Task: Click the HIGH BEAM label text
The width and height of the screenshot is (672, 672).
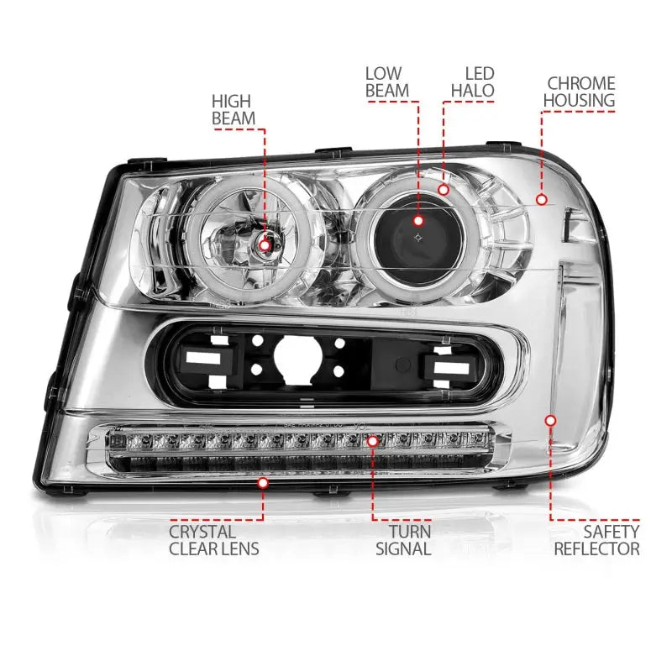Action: pyautogui.click(x=234, y=109)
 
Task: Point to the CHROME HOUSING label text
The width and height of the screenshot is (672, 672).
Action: pyautogui.click(x=580, y=92)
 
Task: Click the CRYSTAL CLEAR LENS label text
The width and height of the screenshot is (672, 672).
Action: pyautogui.click(x=213, y=540)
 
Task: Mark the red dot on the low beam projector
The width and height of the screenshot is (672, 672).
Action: pyautogui.click(x=417, y=221)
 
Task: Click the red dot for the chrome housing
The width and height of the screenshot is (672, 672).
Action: pyautogui.click(x=542, y=200)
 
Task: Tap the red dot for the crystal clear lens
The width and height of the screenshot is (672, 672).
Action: pyautogui.click(x=264, y=483)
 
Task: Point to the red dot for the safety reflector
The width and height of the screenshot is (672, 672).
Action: pyautogui.click(x=552, y=419)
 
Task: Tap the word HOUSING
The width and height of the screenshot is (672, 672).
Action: pyautogui.click(x=580, y=101)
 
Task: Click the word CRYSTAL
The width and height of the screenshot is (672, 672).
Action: pyautogui.click(x=202, y=531)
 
